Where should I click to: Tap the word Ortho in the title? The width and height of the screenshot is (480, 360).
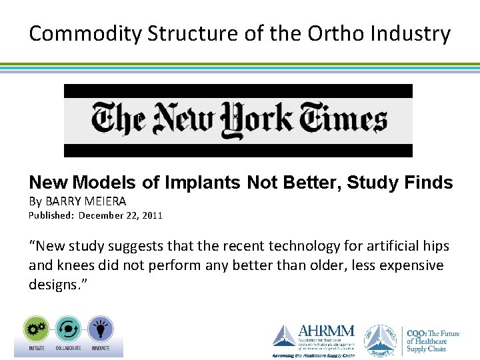291,33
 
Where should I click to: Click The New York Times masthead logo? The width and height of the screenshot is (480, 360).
238,121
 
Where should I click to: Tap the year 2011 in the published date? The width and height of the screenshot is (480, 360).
151,215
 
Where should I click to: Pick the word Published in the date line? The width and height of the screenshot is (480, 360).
51,215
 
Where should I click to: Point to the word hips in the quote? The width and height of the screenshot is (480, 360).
436,246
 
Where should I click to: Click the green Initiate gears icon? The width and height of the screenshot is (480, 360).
35,329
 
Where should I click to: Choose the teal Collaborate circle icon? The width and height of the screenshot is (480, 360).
68,329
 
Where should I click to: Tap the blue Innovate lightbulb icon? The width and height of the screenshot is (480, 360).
100,329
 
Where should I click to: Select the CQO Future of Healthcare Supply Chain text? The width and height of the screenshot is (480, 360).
433,341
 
